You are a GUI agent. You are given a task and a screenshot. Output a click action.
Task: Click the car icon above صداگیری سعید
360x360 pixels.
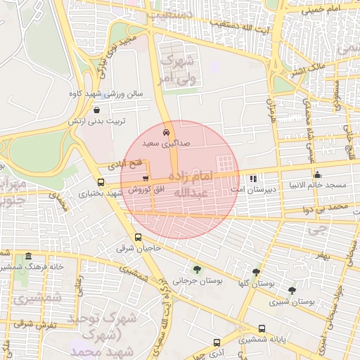click(x=166, y=131)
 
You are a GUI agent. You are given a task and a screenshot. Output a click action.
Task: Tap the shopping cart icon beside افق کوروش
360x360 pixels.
click(x=146, y=179)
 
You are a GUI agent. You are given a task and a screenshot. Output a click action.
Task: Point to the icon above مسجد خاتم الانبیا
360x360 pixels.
click(x=318, y=174)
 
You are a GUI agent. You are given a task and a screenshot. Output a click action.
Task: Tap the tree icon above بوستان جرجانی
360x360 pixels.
click(x=196, y=269)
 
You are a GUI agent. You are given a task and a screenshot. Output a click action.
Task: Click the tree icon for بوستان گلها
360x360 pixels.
click(x=256, y=271)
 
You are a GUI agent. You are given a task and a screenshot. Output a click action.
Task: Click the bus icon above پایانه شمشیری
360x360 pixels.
click(x=262, y=328)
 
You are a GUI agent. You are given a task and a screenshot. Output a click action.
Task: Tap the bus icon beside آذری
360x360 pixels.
click(x=217, y=343)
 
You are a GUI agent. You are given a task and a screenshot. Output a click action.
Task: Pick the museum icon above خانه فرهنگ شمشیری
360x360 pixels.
click(x=27, y=257)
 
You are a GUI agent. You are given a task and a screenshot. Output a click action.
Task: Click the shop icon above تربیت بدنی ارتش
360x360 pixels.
click(x=96, y=110)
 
